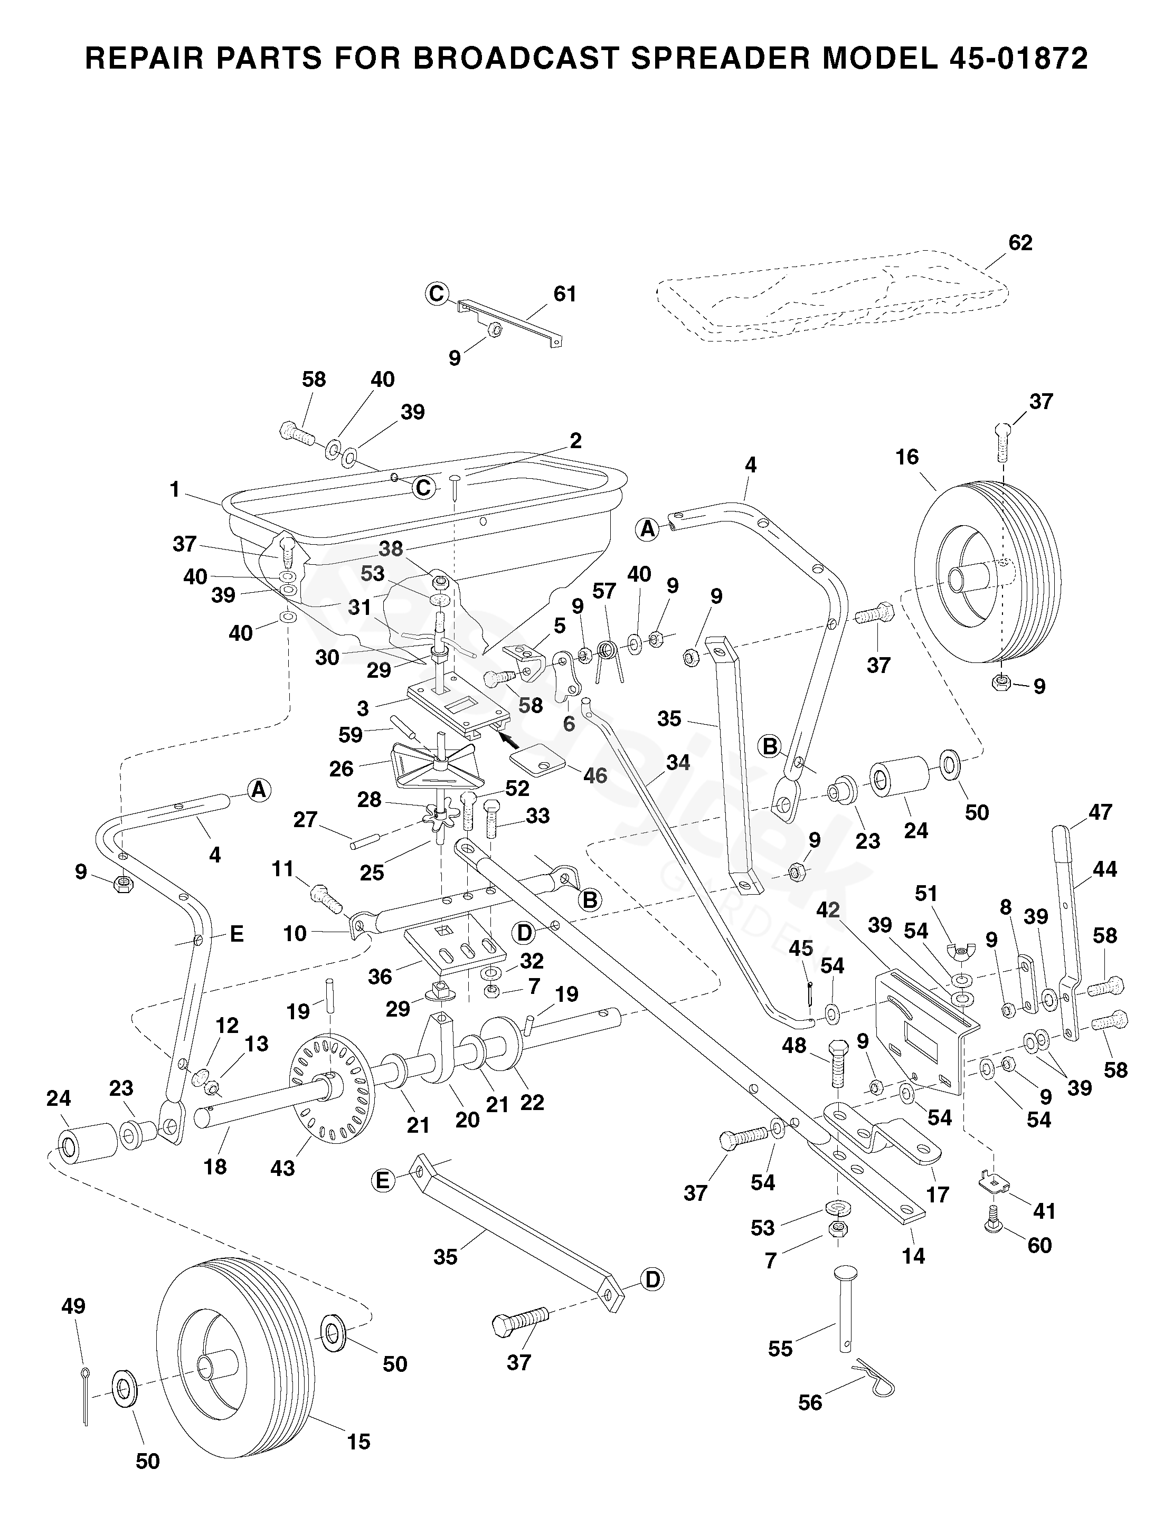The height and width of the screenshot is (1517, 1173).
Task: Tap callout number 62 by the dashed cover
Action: [x=1020, y=243]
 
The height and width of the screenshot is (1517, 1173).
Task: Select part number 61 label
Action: [x=565, y=294]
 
